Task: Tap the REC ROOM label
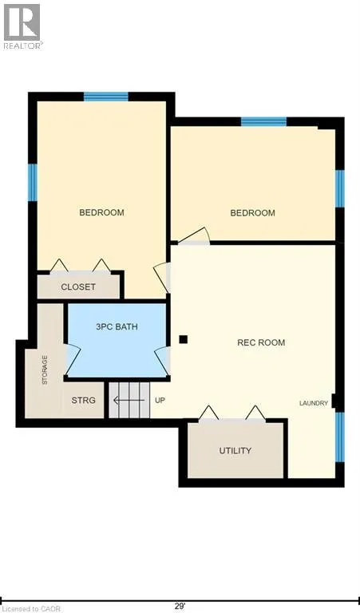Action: click(261, 342)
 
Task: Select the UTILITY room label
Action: click(235, 450)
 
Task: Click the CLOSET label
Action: click(78, 287)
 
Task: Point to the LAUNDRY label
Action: click(314, 403)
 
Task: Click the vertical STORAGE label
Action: click(45, 370)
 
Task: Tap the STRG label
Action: click(84, 400)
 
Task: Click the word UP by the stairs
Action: click(160, 400)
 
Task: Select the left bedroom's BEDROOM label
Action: click(101, 212)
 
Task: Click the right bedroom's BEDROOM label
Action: click(252, 213)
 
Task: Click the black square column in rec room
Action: click(183, 339)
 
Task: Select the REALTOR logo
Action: click(22, 26)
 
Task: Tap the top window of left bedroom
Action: click(105, 97)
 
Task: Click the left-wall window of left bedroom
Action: click(33, 183)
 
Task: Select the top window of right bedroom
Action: click(263, 122)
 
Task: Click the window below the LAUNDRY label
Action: click(339, 437)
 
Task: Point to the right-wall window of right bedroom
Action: click(339, 188)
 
